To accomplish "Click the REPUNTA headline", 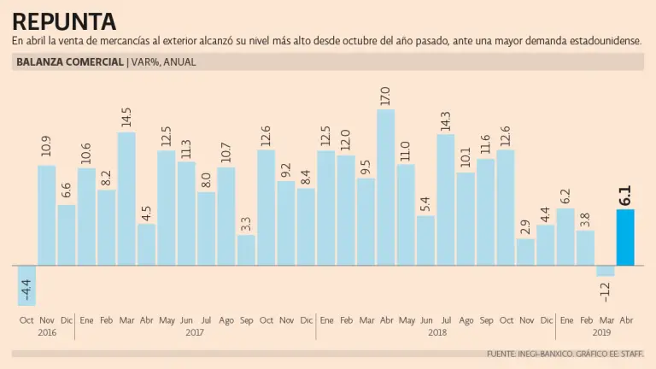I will tap(65, 20).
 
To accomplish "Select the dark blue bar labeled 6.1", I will tap(625, 237).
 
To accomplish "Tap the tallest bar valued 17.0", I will tap(386, 187).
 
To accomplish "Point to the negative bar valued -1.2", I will tap(606, 271).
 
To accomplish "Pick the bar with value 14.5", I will tap(126, 198).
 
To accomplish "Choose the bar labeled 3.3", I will tap(246, 249).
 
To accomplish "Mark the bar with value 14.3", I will tap(446, 199).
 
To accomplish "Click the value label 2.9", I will tap(525, 229).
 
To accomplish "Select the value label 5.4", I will tap(425, 206).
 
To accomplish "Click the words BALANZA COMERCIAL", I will tap(69, 62).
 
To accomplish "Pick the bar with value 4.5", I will tap(146, 244).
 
